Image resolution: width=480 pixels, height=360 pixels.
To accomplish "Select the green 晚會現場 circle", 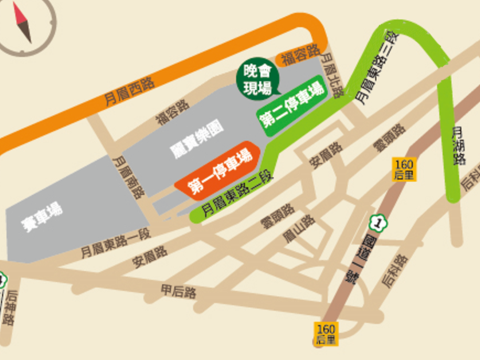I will pyautogui.click(x=257, y=80).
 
